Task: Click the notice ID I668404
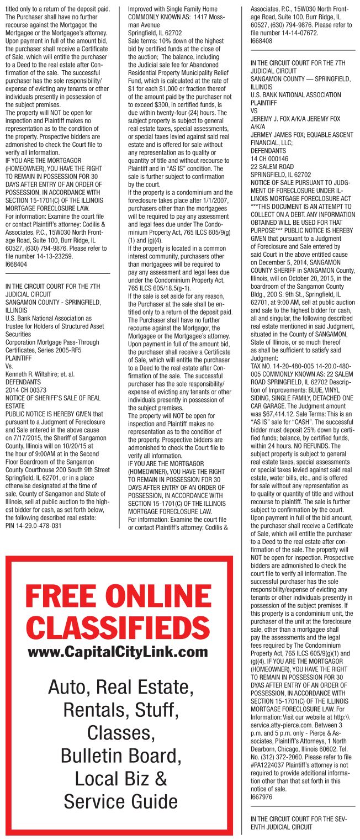pyautogui.click(x=16, y=264)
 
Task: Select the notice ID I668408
pyautogui.click(x=261, y=40)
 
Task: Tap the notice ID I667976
pyautogui.click(x=261, y=797)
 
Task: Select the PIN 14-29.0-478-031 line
pyautogui.click(x=33, y=525)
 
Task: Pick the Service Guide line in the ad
pyautogui.click(x=120, y=800)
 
